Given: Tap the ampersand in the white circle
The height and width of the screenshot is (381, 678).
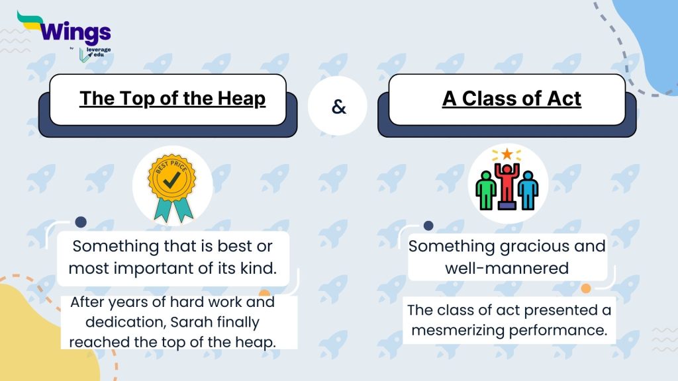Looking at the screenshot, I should pyautogui.click(x=338, y=106).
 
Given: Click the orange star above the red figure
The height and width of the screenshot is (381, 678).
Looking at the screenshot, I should pyautogui.click(x=507, y=154).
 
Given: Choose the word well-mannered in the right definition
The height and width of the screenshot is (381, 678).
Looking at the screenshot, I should pyautogui.click(x=507, y=268).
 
